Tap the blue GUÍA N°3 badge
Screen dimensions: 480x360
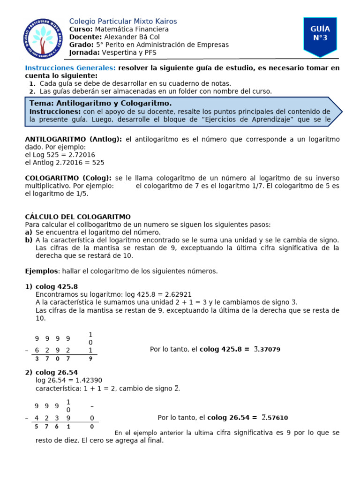point(320,34)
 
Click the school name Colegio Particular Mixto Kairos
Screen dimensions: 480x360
point(123,22)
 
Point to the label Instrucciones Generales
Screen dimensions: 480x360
point(70,68)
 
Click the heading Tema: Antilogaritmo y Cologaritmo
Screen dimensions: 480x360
point(100,103)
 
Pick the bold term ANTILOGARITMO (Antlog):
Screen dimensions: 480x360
point(73,140)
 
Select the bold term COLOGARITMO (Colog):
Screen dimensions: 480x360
point(68,178)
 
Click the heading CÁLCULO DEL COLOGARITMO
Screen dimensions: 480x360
point(77,217)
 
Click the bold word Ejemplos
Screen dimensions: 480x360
point(41,271)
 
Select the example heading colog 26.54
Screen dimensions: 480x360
point(56,373)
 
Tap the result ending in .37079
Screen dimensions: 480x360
point(267,349)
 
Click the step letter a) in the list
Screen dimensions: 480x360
point(29,232)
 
